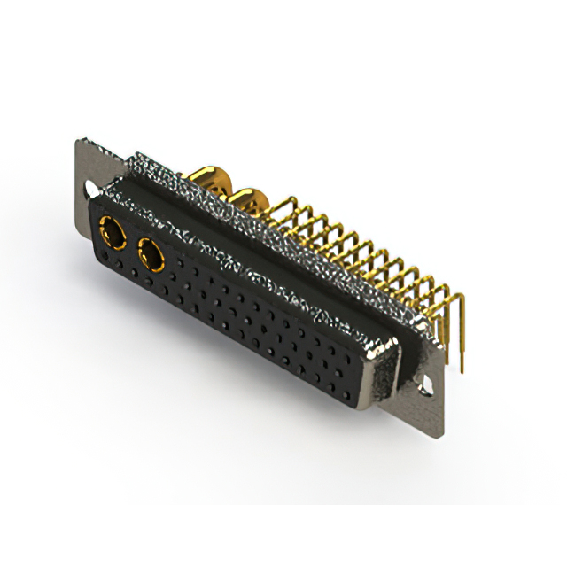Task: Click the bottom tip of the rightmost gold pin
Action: pos(462,369)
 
